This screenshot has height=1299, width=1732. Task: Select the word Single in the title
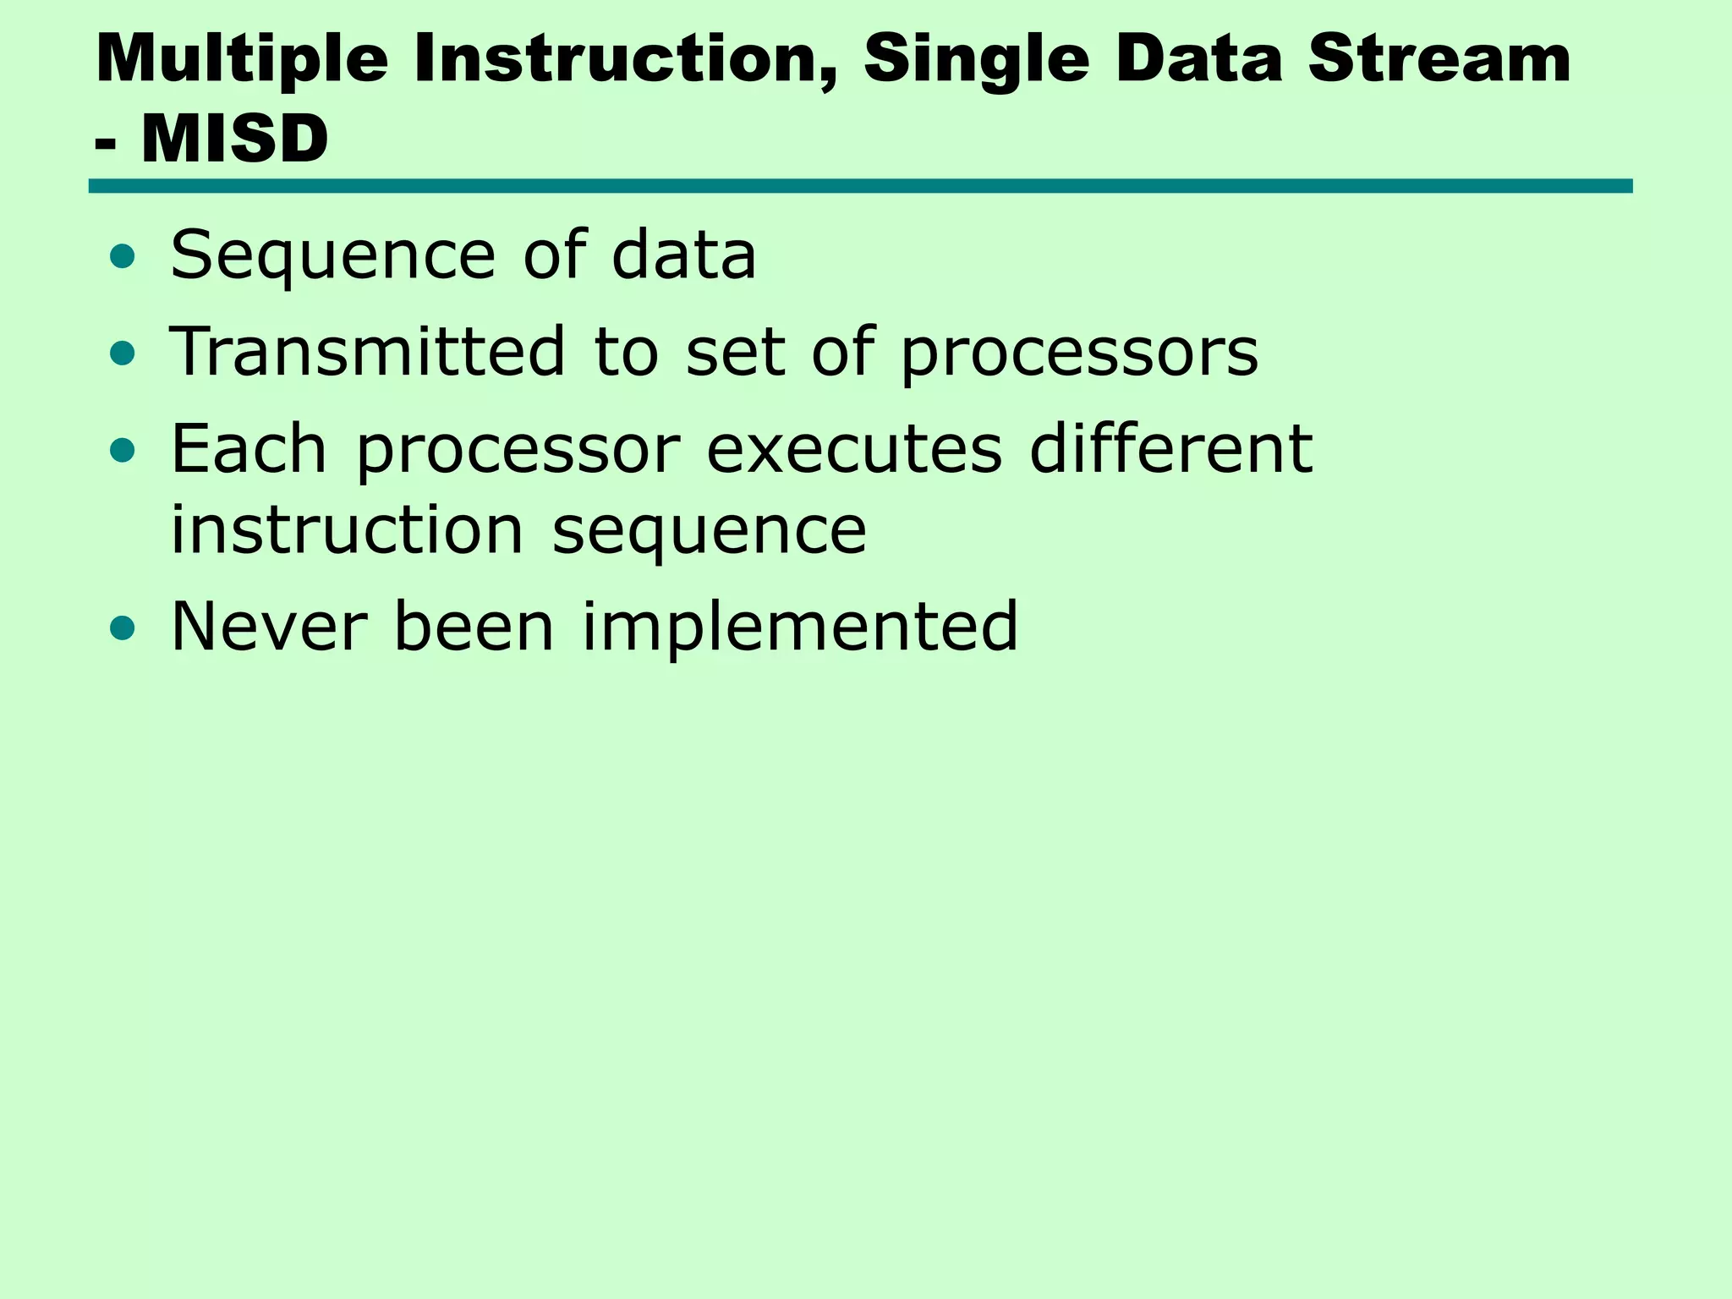click(977, 61)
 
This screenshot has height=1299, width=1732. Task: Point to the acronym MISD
click(235, 139)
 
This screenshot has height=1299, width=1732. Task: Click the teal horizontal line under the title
click(860, 186)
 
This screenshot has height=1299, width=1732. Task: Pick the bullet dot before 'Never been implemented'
click(123, 628)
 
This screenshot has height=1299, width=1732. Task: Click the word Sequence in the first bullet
click(332, 257)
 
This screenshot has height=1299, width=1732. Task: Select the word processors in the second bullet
click(1079, 354)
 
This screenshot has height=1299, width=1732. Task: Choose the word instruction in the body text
click(348, 530)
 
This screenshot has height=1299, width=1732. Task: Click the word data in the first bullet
click(683, 255)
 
